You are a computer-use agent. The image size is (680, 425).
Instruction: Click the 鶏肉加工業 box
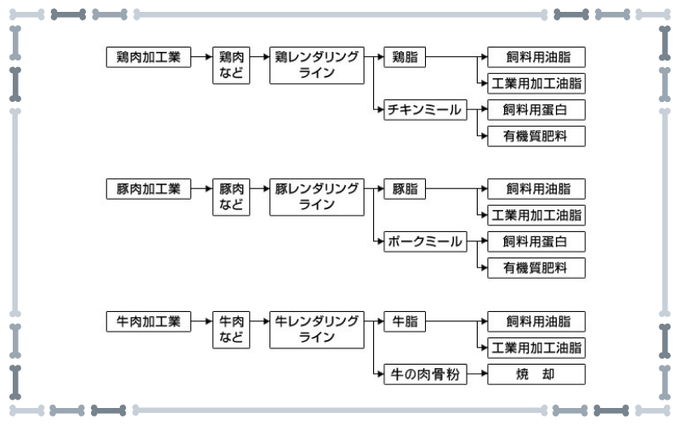148,57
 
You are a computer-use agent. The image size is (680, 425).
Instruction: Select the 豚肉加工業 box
148,189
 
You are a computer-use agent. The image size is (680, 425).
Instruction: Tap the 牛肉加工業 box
148,321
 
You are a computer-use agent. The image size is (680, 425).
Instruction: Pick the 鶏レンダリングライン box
316,65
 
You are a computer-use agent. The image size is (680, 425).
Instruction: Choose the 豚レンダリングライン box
316,197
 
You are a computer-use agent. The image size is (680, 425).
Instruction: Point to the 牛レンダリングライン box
316,330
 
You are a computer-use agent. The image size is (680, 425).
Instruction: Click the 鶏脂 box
405,57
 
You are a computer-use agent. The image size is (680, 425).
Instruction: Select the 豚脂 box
405,189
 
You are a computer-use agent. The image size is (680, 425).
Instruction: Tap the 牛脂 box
405,321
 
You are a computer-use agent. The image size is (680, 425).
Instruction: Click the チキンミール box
425,110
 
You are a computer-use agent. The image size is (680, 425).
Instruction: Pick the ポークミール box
425,241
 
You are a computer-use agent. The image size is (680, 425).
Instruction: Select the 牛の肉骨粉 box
425,374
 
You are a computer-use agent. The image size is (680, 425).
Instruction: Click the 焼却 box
536,374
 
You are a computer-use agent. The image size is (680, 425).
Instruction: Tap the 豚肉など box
231,197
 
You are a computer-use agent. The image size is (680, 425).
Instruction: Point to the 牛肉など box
231,330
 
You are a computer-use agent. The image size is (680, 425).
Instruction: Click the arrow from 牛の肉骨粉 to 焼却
477,374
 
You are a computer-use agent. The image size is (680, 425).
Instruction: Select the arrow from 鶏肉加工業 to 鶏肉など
201,56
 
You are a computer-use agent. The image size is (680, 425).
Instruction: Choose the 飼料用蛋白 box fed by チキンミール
536,110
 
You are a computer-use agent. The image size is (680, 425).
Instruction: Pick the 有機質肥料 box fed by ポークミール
536,268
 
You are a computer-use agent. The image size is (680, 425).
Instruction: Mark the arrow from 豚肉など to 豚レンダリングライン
260,188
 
